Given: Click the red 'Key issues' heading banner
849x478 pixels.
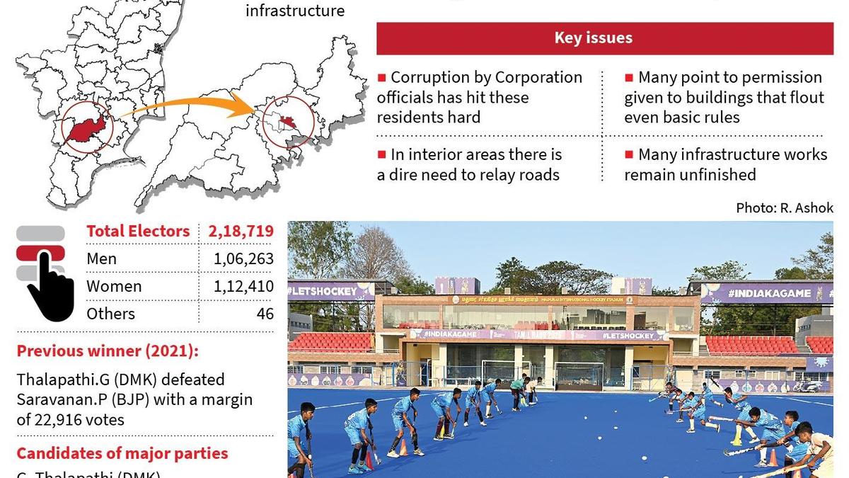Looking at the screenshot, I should pos(604,38).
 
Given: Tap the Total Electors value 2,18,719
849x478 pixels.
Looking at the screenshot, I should pos(241,232).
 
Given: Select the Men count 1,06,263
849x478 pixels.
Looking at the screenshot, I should pos(243,259).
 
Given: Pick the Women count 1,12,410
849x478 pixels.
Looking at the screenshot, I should pos(243,287).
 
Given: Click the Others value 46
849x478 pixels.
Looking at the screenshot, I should pos(265,314).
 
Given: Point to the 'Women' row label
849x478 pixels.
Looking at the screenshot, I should pos(114,287).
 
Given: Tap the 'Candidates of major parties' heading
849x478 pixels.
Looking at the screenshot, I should pos(122,453).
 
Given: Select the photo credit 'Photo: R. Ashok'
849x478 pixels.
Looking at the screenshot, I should pos(784,208).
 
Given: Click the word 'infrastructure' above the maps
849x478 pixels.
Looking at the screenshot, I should pos(295,11).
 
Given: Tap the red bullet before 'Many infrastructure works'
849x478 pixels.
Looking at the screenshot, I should pos(629,154).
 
